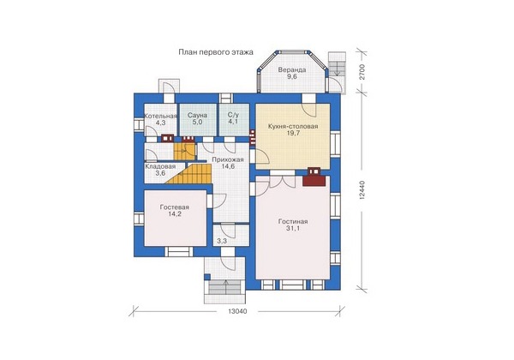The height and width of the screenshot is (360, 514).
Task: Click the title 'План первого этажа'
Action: pyautogui.click(x=216, y=52)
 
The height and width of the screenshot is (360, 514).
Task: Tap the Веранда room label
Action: pyautogui.click(x=292, y=69)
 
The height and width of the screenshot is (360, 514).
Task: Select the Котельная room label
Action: pyautogui.click(x=161, y=116)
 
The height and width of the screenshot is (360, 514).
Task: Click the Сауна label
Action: pyautogui.click(x=197, y=116)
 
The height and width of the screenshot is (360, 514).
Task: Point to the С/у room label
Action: pyautogui.click(x=233, y=116)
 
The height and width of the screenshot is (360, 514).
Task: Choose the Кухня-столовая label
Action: pyautogui.click(x=293, y=127)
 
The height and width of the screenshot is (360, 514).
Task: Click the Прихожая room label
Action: pyautogui.click(x=228, y=159)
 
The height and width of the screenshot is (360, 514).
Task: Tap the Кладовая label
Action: pyautogui.click(x=160, y=166)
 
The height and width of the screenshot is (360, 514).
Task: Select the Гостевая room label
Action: pyautogui.click(x=175, y=207)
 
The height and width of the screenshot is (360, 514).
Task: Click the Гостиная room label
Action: pyautogui.click(x=293, y=221)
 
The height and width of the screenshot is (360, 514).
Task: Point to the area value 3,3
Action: pyautogui.click(x=222, y=242)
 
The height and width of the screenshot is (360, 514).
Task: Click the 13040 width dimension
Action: pyautogui.click(x=237, y=311)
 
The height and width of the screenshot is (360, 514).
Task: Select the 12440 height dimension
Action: pyautogui.click(x=362, y=190)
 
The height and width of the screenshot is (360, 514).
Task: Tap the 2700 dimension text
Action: pyautogui.click(x=362, y=72)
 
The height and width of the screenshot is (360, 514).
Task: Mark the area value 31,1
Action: pyautogui.click(x=293, y=229)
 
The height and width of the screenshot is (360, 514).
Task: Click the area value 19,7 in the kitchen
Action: pyautogui.click(x=293, y=134)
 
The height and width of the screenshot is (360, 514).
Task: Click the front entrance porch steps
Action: pyautogui.click(x=224, y=288)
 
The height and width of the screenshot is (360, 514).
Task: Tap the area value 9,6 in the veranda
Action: pyautogui.click(x=292, y=77)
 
